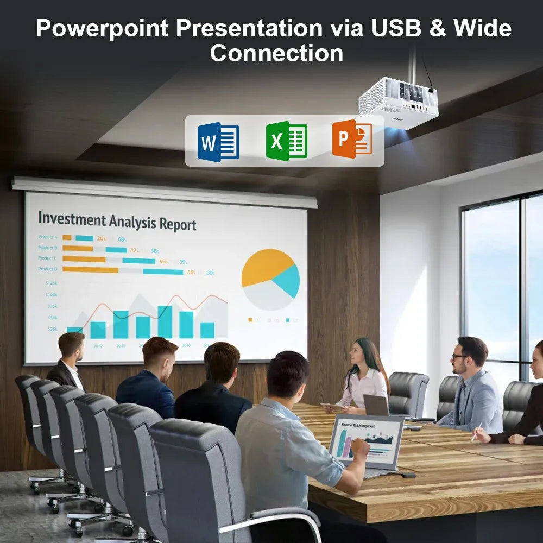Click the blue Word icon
[x=218, y=142]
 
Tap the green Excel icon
[x=286, y=141]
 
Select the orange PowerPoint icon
[x=352, y=140]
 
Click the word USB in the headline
[x=397, y=28]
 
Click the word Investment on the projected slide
[x=72, y=220]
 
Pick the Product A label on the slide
[x=47, y=237]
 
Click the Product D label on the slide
[x=47, y=269]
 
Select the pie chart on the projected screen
[x=270, y=279]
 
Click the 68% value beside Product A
[x=122, y=239]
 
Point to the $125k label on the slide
[x=52, y=283]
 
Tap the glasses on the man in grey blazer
[x=459, y=357]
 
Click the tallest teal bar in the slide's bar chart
[x=165, y=321]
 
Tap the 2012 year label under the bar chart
[x=98, y=345]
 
